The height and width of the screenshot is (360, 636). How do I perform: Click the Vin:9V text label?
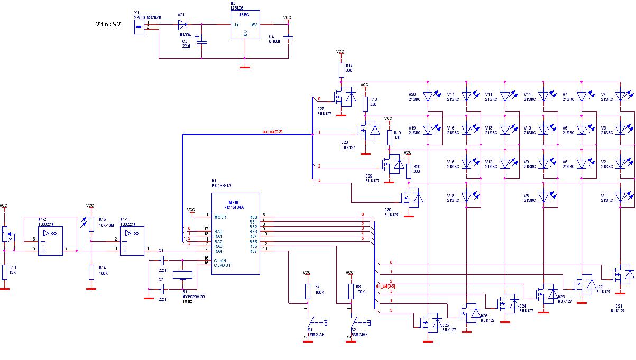point(108,25)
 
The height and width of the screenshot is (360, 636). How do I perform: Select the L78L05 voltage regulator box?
point(245,25)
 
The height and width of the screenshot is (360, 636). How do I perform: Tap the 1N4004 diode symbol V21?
point(183,24)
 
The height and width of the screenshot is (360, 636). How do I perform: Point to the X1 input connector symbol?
point(139,27)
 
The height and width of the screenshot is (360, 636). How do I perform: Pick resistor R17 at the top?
point(340,70)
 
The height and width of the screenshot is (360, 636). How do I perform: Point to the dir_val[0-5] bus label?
point(385,285)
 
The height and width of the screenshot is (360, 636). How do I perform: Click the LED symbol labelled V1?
point(621,197)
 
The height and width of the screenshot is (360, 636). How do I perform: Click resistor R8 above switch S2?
point(351,291)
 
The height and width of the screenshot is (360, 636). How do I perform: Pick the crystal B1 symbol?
point(183,275)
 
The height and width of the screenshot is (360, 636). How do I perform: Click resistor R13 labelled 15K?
point(5,272)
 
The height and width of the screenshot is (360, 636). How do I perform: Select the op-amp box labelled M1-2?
point(51,241)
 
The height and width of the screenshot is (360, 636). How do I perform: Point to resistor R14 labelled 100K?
point(91,272)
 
